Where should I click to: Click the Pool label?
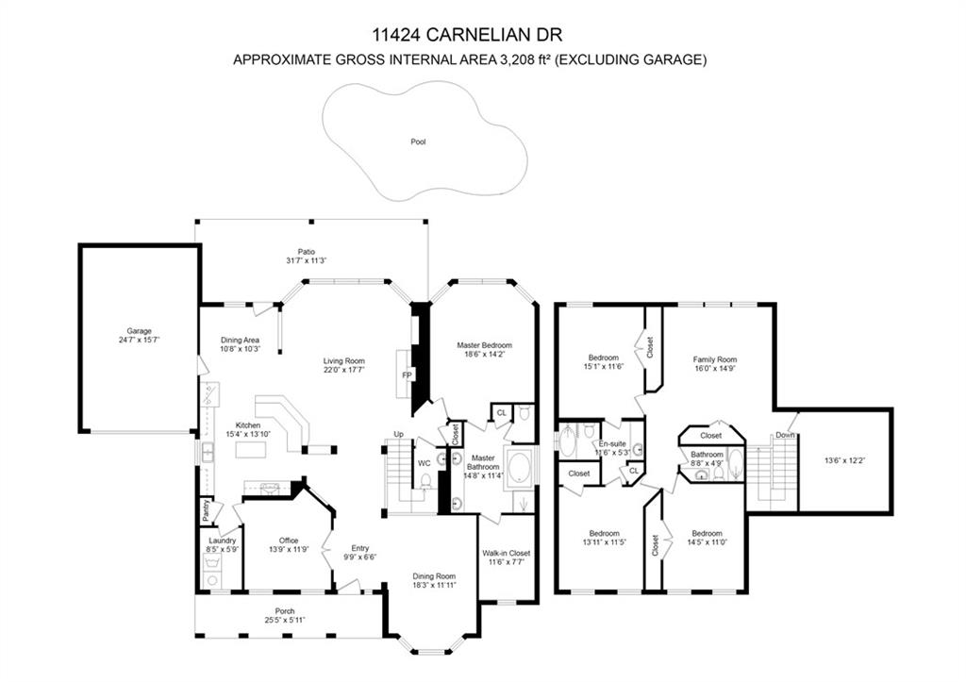point(418,141)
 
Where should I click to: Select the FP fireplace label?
point(407,375)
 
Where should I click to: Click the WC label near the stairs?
point(424,463)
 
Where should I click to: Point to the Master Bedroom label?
point(484,345)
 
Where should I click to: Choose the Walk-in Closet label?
point(507,553)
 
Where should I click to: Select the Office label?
point(288,541)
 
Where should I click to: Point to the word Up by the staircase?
point(399,435)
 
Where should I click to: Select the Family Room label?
point(714,359)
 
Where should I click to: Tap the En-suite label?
point(611,442)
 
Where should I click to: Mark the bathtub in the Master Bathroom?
point(520,468)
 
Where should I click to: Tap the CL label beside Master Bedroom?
point(502,412)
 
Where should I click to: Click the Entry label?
point(359,548)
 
